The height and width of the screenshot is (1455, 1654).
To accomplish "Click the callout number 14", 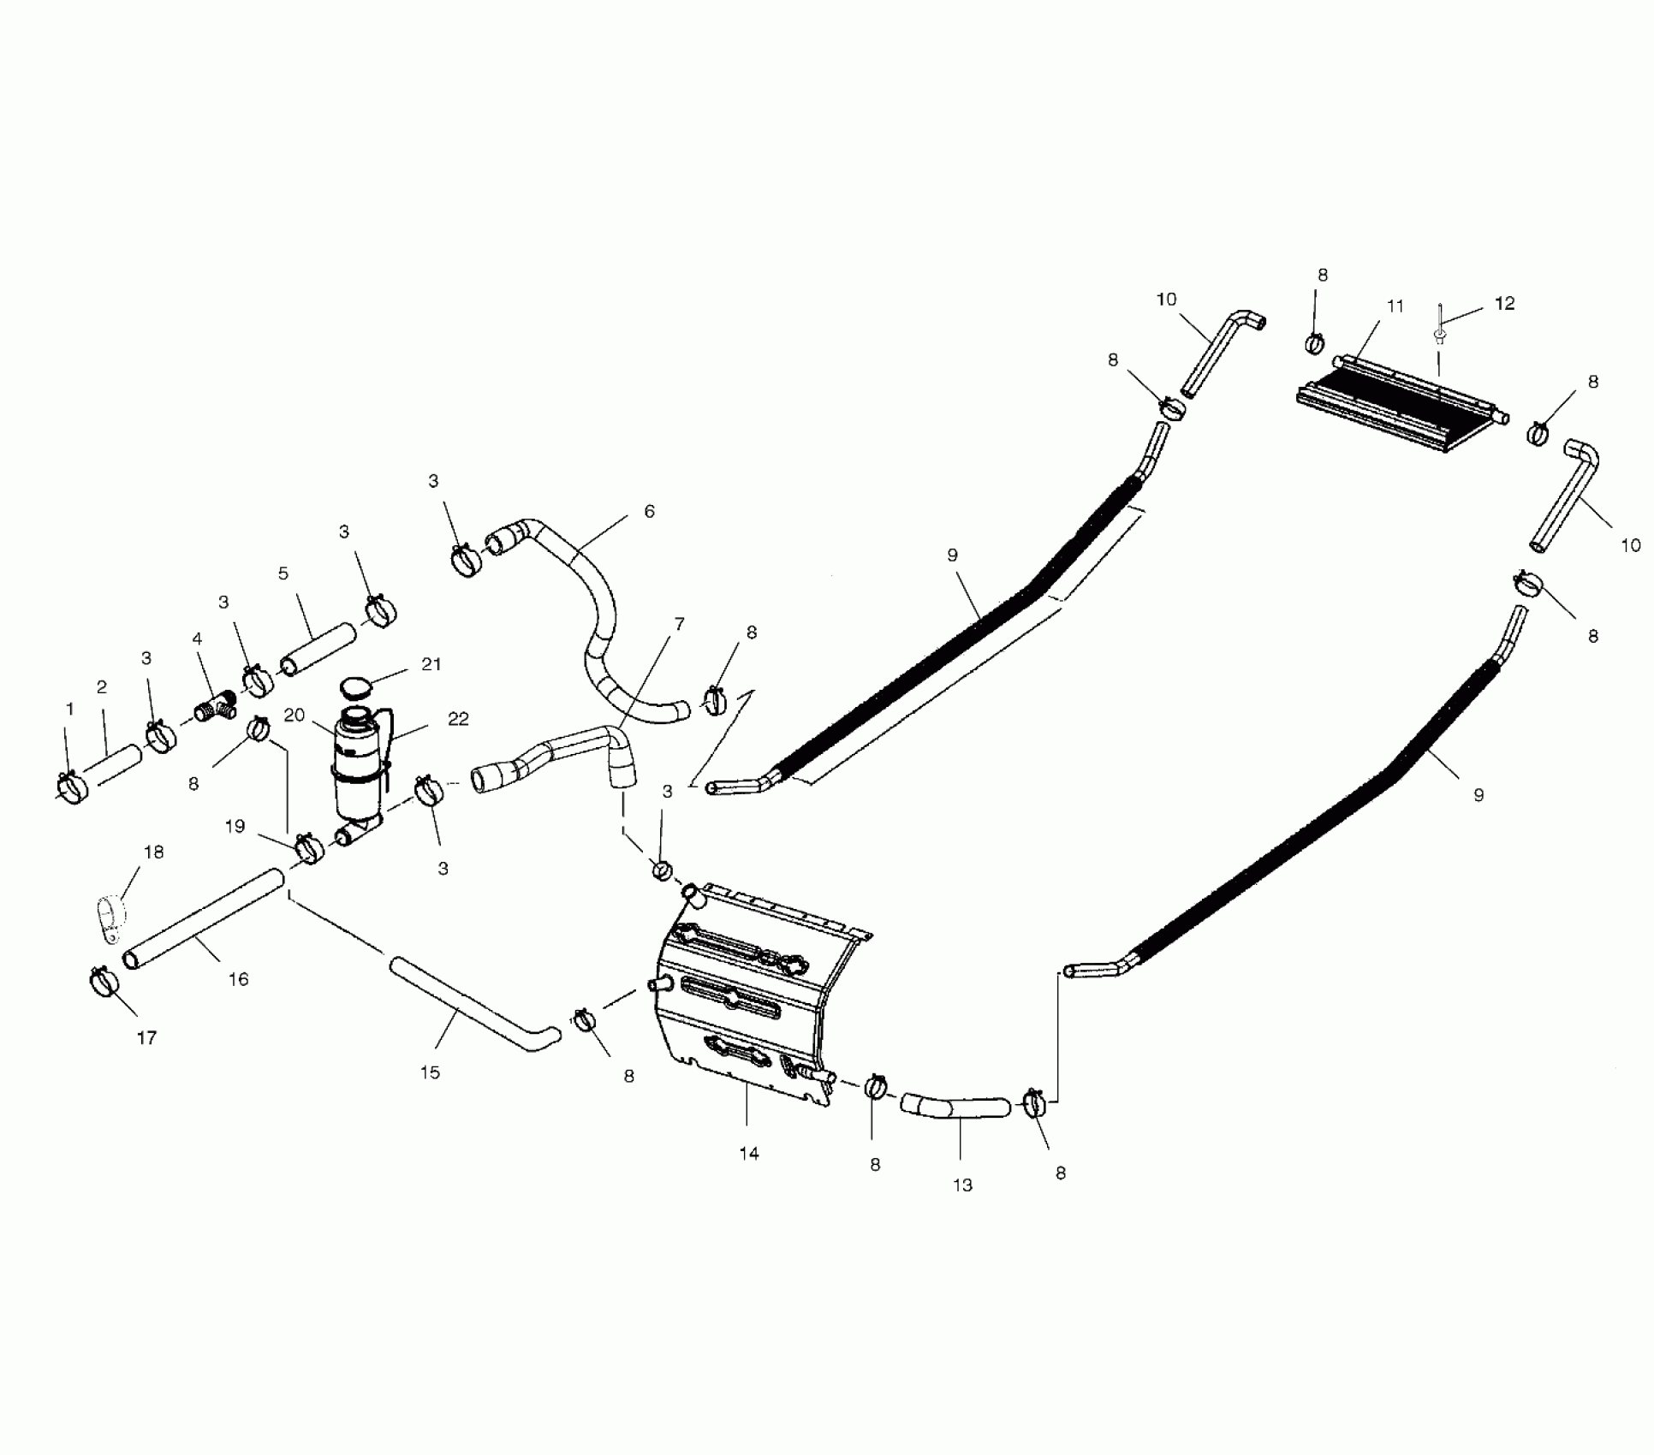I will [748, 1154].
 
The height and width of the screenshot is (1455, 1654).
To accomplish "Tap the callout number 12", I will [1504, 303].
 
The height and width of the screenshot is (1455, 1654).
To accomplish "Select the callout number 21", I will [431, 664].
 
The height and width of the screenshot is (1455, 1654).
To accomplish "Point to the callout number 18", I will [154, 852].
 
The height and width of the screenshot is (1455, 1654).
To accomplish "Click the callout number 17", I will [146, 1038].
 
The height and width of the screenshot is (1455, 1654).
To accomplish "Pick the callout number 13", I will [962, 1185].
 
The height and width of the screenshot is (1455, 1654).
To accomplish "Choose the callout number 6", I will [649, 512].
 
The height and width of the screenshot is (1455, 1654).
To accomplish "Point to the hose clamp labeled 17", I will [103, 981].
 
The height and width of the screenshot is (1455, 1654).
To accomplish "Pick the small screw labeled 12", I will [1440, 335].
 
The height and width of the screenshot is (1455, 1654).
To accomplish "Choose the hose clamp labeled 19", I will [309, 848].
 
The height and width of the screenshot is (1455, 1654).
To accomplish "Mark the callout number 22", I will [458, 719].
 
